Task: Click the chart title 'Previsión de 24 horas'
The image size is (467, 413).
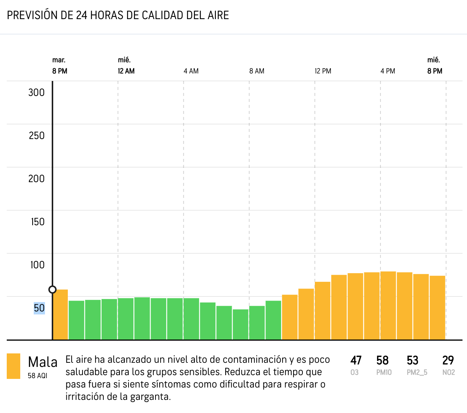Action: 118,15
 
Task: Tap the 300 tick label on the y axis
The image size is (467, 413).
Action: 36,93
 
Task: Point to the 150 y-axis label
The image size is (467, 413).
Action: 37,222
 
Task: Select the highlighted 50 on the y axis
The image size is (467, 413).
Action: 39,308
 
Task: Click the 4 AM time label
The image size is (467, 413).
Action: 191,71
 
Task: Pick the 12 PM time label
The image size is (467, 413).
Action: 323,71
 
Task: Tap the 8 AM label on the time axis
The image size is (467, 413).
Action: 257,71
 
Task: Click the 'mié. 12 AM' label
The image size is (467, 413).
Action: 126,66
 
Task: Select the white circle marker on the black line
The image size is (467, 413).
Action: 52,289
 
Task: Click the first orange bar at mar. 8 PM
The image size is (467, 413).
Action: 60,314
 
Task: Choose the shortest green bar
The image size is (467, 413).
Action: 241,324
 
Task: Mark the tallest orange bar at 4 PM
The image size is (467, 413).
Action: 388,305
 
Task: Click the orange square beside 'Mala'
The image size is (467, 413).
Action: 13,366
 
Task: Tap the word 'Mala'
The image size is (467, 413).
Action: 43,362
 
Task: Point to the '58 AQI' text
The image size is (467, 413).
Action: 37,376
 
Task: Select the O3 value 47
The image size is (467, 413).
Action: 356,361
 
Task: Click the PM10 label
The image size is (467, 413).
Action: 384,373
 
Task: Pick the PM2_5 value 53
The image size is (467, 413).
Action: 412,361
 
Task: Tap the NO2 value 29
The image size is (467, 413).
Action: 448,361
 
